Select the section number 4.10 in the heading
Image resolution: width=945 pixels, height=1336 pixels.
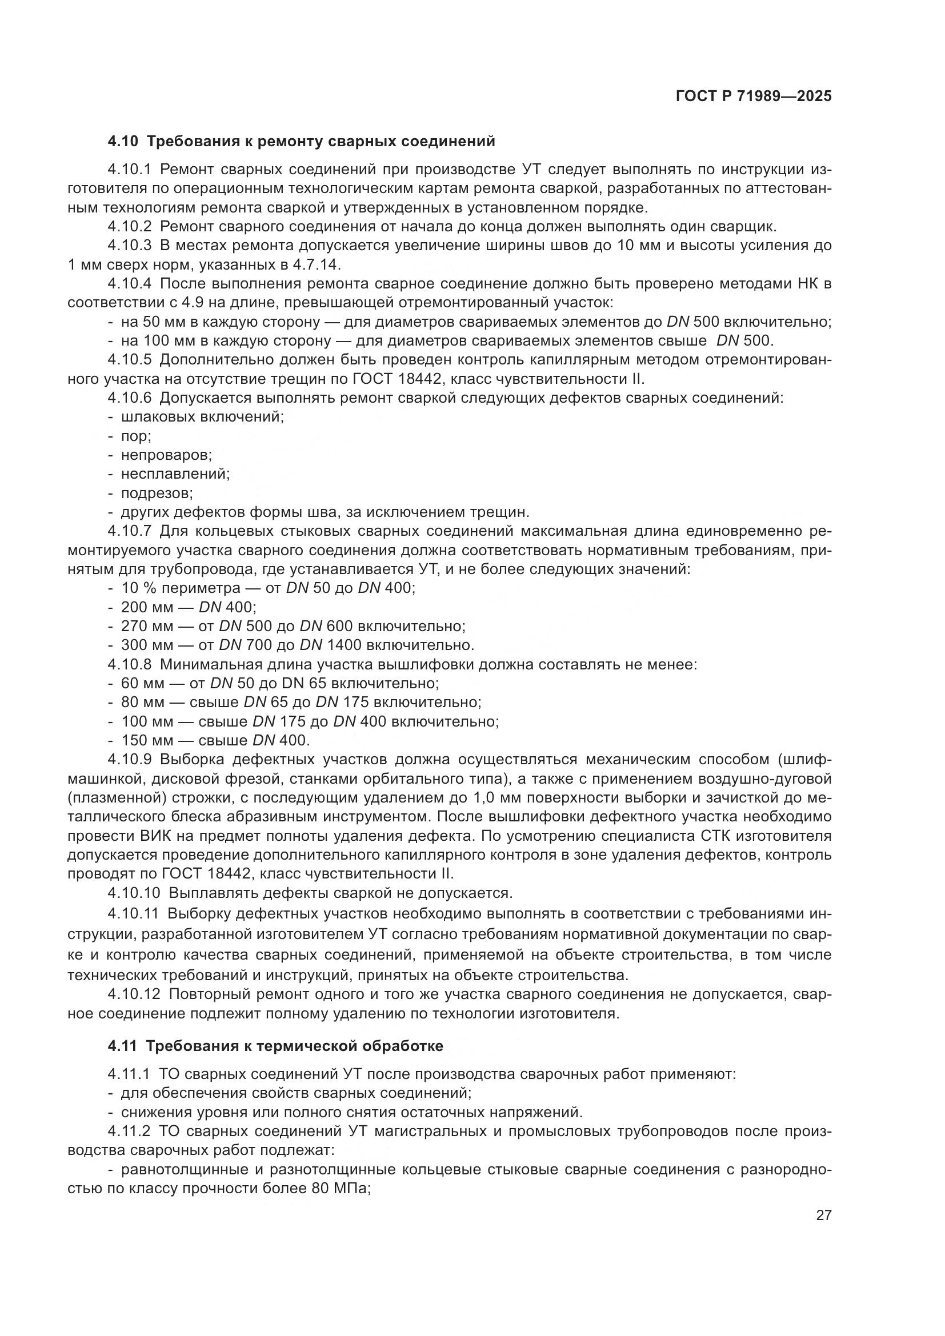(x=122, y=142)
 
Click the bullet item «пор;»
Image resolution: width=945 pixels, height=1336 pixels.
(x=135, y=436)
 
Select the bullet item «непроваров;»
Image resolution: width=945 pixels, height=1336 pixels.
(x=166, y=455)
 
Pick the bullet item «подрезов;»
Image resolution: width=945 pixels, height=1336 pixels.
(x=157, y=493)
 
